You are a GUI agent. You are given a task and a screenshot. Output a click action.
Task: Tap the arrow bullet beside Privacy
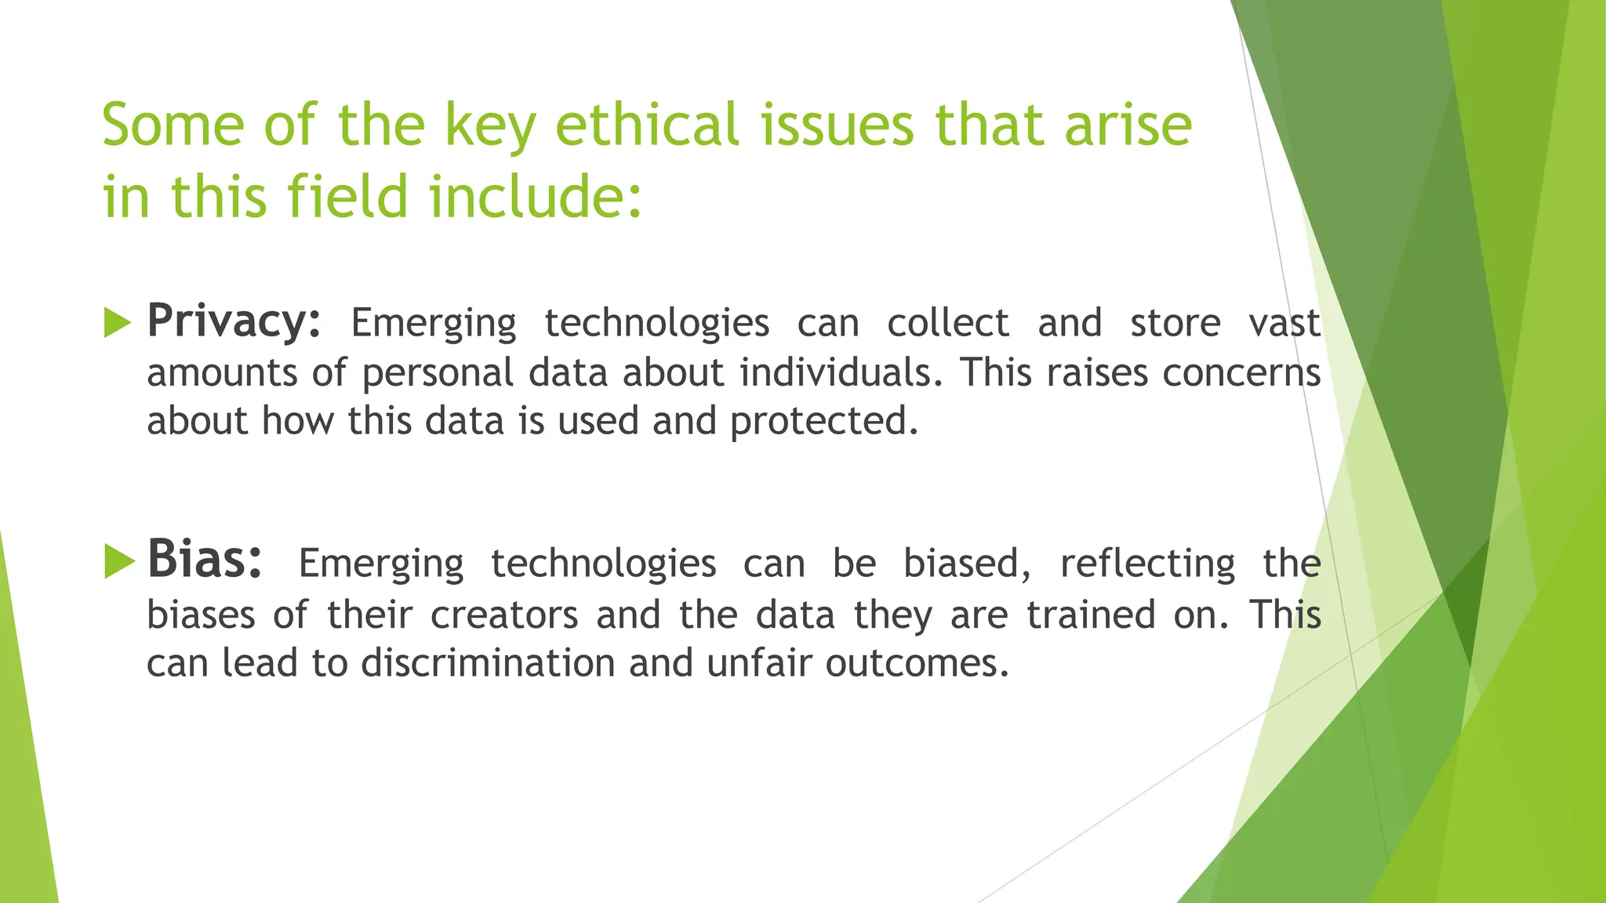(x=117, y=323)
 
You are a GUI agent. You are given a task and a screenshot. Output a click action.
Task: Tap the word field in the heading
(x=348, y=196)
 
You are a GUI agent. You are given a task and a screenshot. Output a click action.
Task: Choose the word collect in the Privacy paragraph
(x=947, y=324)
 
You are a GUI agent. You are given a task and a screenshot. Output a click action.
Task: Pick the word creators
(x=504, y=615)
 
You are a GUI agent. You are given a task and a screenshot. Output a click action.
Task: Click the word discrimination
(x=488, y=664)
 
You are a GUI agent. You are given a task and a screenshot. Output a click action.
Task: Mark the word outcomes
(x=917, y=664)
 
